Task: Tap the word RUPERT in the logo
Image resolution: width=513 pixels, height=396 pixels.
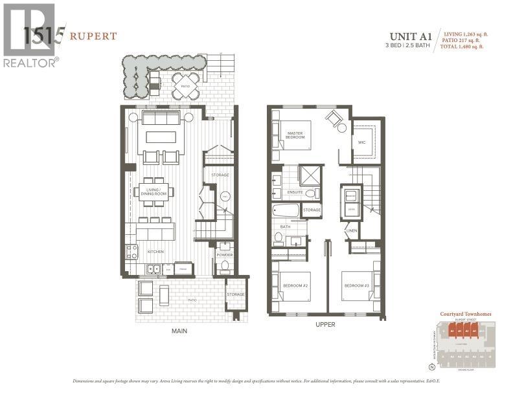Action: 94,36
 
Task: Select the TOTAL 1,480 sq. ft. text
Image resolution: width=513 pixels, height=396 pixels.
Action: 462,47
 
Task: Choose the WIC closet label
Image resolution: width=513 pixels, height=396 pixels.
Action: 361,142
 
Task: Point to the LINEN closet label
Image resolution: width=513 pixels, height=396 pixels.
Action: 352,230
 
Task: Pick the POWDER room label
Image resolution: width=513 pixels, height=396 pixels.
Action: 224,254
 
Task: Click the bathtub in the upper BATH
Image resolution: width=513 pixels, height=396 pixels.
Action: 286,210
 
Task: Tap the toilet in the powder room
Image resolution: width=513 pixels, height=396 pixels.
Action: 225,266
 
